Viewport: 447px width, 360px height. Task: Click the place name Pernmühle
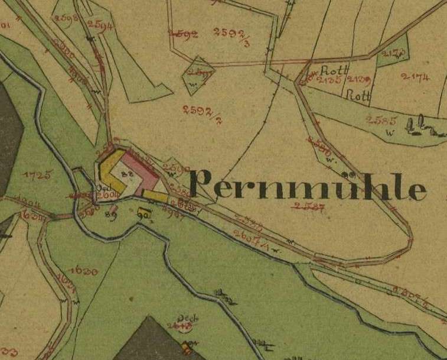[x=308, y=186]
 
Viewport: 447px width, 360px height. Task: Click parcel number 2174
[x=415, y=76]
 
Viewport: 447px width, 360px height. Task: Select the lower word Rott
[x=357, y=94]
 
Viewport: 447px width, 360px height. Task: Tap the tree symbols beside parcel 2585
[x=422, y=126]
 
